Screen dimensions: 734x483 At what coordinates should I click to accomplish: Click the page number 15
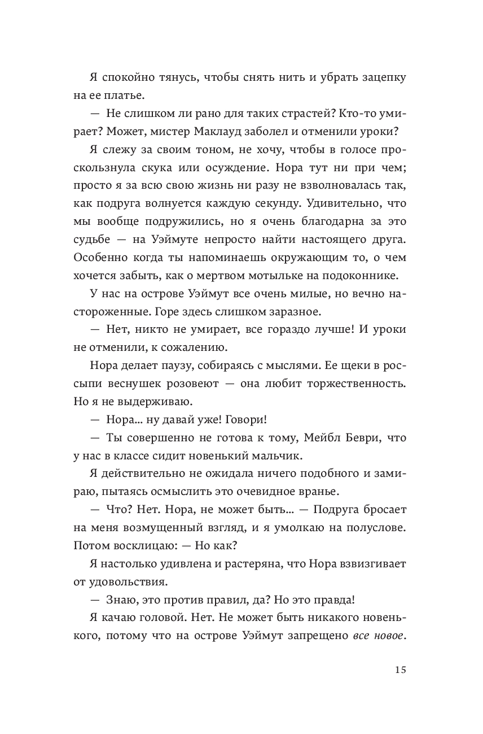coord(400,671)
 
